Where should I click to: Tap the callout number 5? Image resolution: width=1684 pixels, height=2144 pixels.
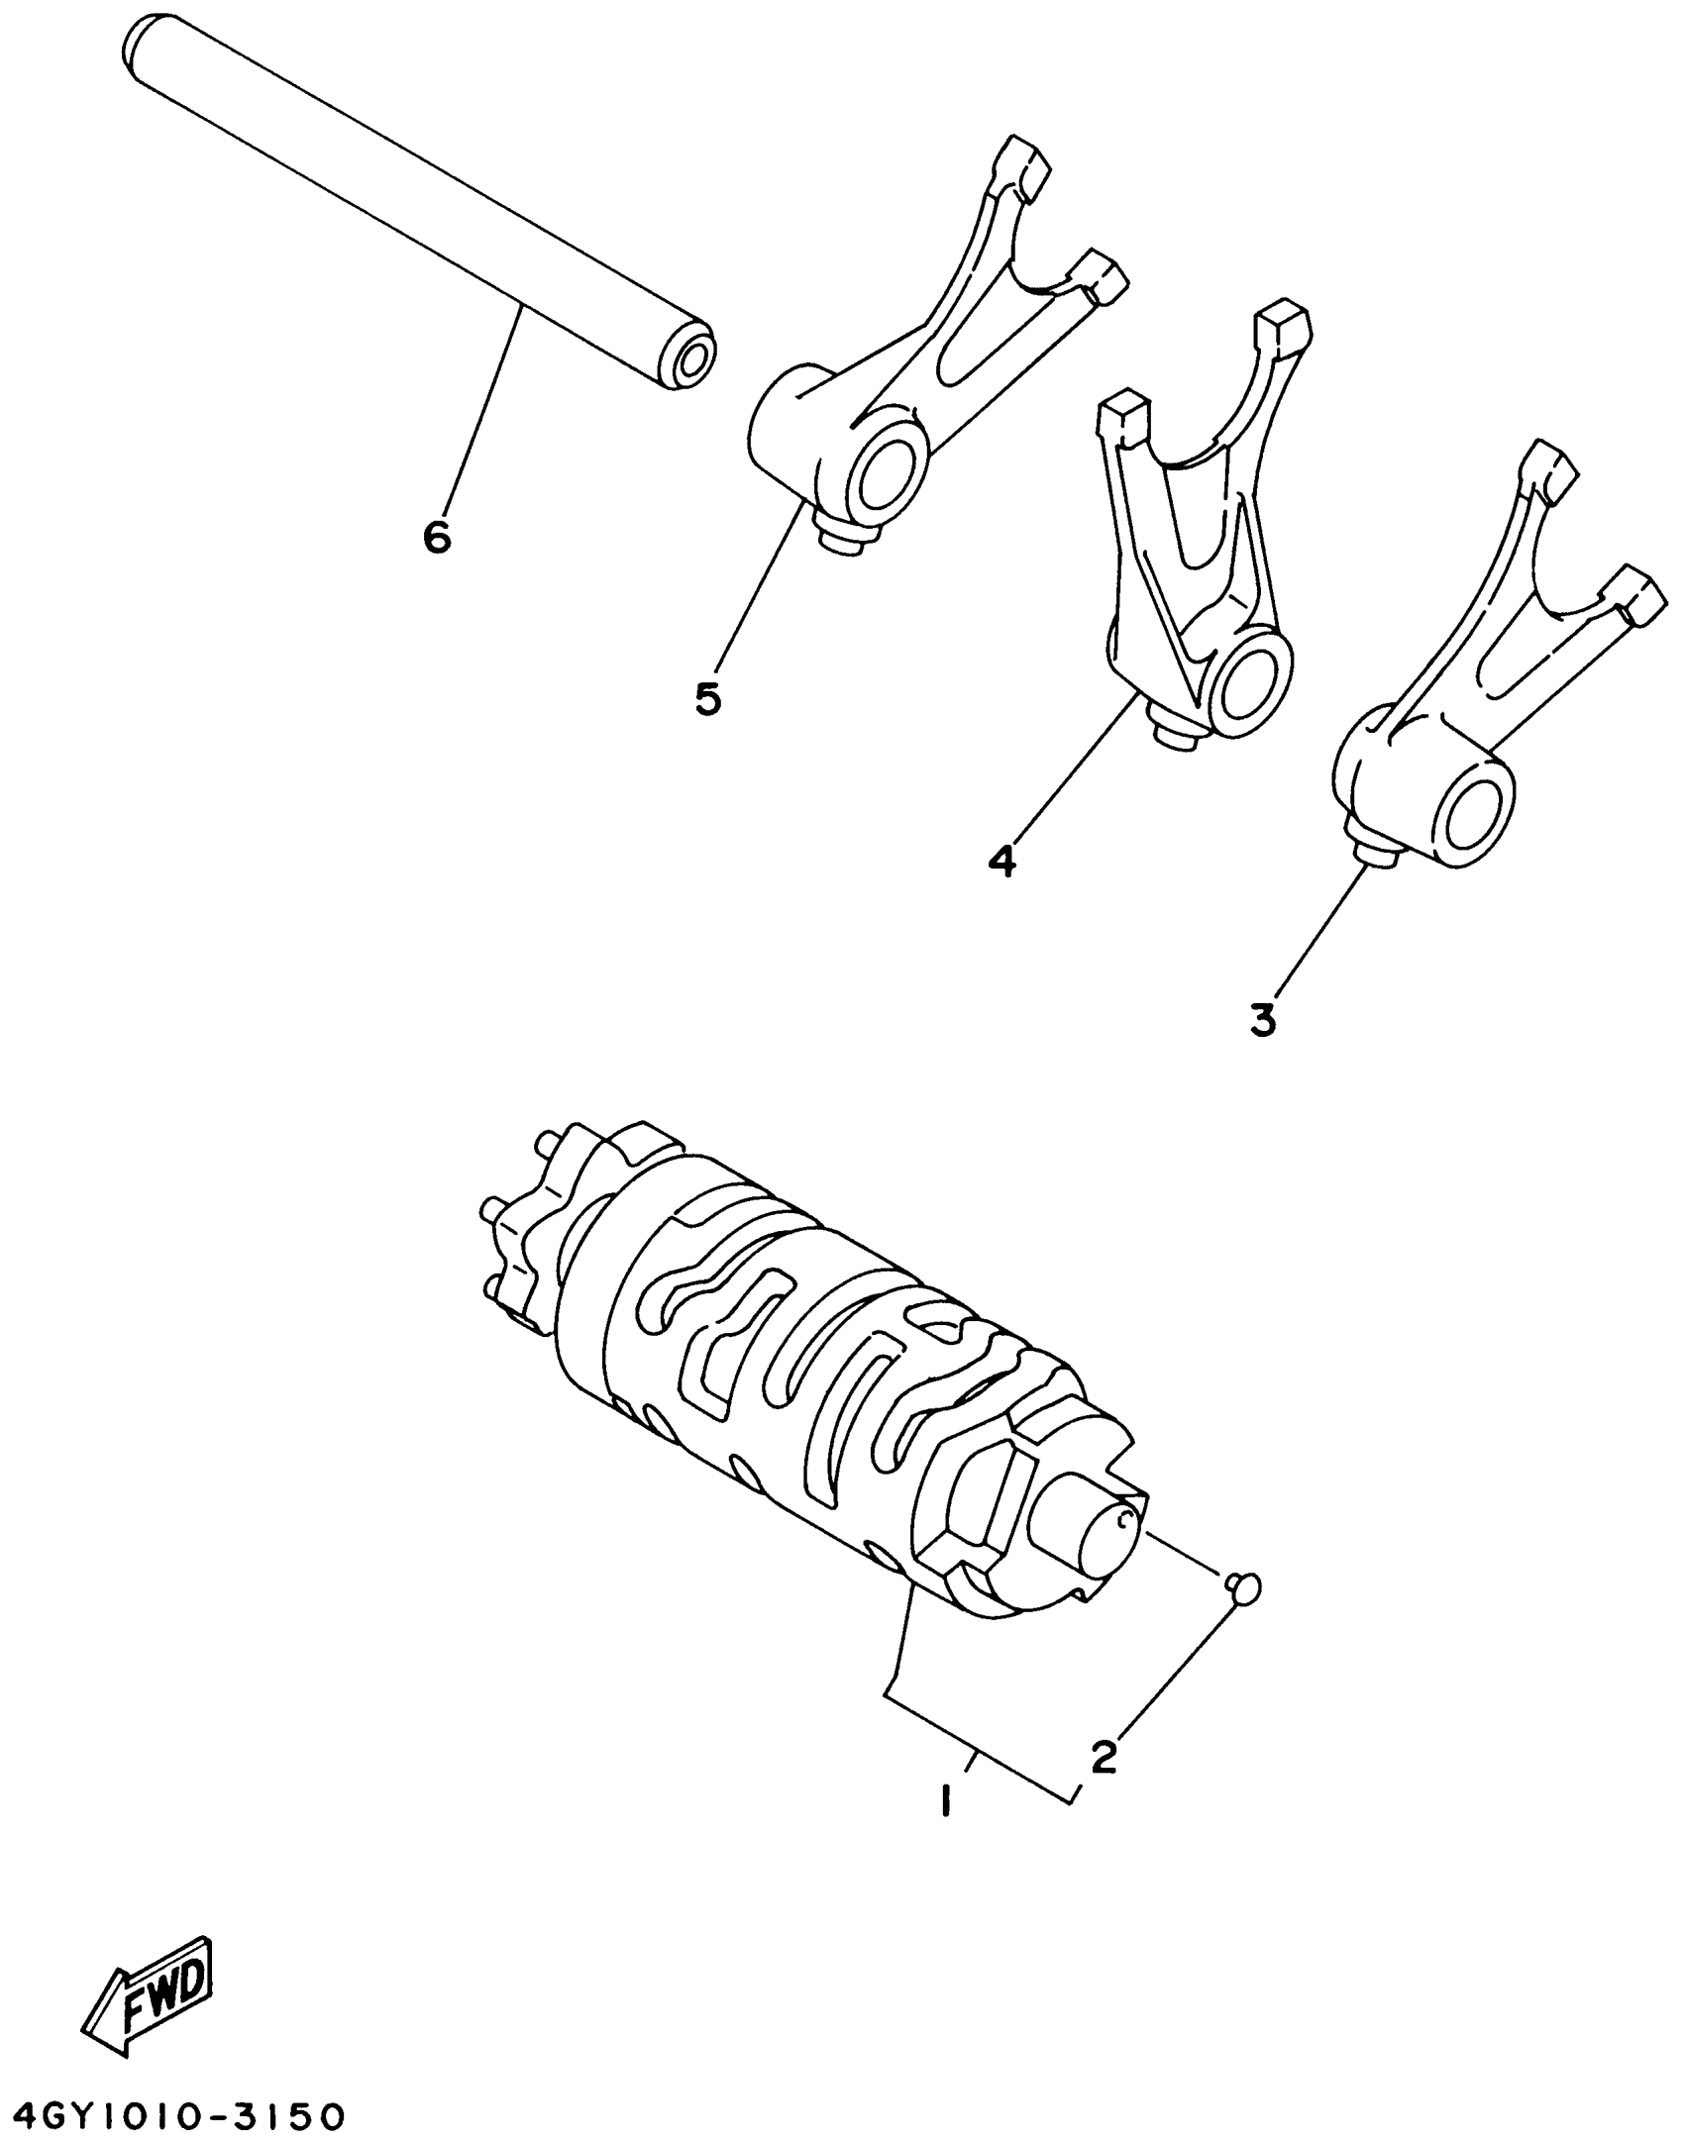pos(707,698)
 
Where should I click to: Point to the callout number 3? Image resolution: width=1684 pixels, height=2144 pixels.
pos(1263,1019)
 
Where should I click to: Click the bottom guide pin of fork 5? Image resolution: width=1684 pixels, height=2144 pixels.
pos(839,541)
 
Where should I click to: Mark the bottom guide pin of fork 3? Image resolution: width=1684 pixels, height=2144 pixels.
pos(1378,854)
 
